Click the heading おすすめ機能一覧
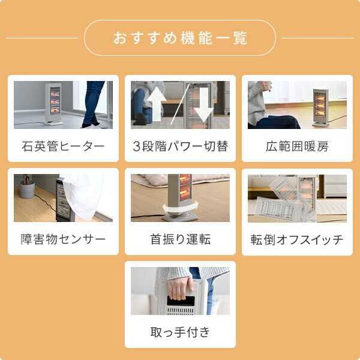click(x=180, y=38)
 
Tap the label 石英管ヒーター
click(x=63, y=146)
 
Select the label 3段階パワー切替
click(x=180, y=146)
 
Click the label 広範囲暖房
click(x=297, y=146)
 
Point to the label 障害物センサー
click(x=63, y=239)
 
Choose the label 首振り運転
click(x=180, y=239)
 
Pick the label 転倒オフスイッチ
click(x=297, y=239)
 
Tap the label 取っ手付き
click(x=180, y=332)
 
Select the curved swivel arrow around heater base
click(x=181, y=207)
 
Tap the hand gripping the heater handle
click(x=181, y=288)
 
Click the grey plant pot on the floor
click(x=27, y=189)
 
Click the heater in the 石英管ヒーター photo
click(x=53, y=104)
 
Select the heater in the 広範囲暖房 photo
click(x=321, y=107)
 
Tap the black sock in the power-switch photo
click(x=140, y=119)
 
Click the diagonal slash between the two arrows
click(x=180, y=104)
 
